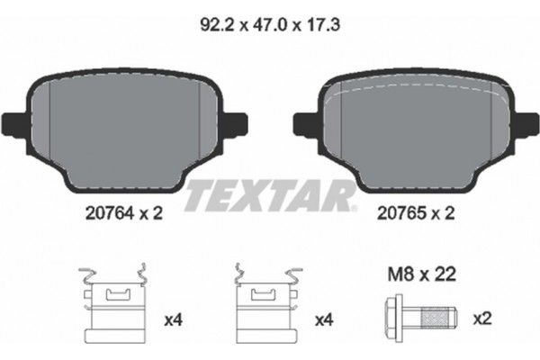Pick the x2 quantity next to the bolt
tap(482, 318)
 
